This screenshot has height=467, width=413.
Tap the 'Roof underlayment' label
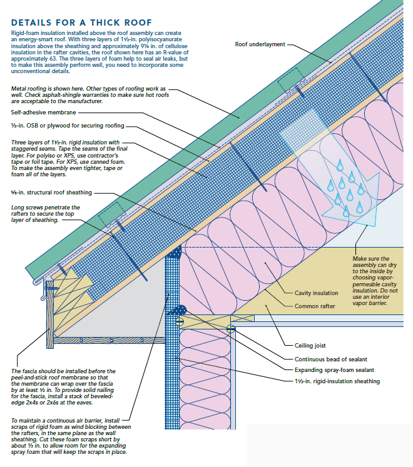260,44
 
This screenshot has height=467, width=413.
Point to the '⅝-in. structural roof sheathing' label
51,193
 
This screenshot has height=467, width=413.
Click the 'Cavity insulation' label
316,293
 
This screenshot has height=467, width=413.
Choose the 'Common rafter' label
315,306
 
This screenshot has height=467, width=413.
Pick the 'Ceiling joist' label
310,345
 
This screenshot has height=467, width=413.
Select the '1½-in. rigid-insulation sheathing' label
337,381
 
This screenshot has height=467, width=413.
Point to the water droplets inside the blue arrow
342,185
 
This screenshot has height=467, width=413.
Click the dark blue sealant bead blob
181,310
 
